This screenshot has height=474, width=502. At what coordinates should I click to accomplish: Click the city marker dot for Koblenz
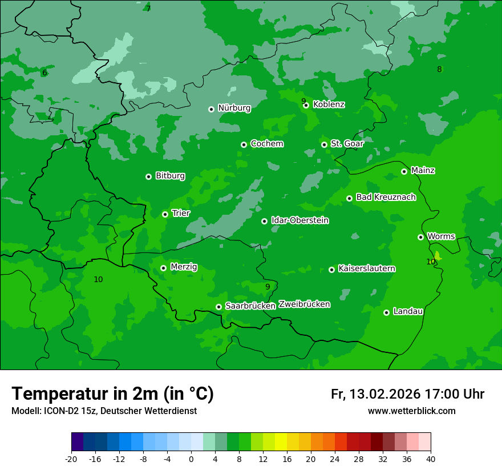306,105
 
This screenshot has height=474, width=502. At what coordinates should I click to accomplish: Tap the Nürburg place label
234,108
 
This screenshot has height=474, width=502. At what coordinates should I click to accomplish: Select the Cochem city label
266,144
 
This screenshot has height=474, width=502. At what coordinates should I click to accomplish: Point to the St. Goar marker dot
324,144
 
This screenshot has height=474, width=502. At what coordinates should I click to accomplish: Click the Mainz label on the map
423,170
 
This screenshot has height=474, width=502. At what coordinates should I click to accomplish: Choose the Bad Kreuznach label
386,197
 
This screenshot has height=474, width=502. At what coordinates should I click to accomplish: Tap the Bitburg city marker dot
148,176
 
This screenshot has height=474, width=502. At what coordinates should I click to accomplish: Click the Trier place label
181,213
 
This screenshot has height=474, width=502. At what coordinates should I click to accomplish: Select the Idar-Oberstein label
300,220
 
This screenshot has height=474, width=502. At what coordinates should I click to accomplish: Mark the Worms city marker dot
420,237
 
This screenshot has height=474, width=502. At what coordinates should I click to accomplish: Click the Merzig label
184,267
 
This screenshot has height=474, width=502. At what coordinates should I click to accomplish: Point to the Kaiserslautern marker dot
331,270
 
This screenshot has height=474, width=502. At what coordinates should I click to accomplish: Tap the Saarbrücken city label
250,306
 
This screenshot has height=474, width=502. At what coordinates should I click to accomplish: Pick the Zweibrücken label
304,304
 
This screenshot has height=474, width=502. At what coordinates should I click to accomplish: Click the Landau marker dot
386,312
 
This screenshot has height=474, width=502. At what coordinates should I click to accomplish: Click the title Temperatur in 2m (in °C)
112,394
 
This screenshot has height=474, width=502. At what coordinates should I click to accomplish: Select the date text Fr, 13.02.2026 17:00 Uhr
407,394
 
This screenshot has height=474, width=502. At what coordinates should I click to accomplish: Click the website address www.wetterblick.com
411,411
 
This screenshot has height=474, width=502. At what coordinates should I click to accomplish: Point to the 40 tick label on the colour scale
431,459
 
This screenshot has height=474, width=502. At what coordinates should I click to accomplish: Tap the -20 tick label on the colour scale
71,459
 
